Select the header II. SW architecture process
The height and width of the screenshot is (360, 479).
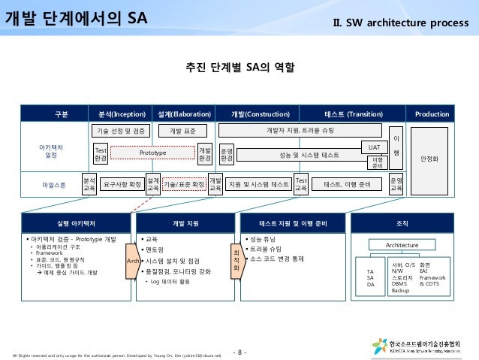click(402, 18)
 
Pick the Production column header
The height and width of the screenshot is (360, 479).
click(432, 114)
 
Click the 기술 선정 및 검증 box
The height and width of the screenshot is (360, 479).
click(120, 131)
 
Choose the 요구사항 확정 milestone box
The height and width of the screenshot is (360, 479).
click(122, 183)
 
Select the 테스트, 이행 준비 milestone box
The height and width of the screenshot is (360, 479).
click(346, 183)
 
